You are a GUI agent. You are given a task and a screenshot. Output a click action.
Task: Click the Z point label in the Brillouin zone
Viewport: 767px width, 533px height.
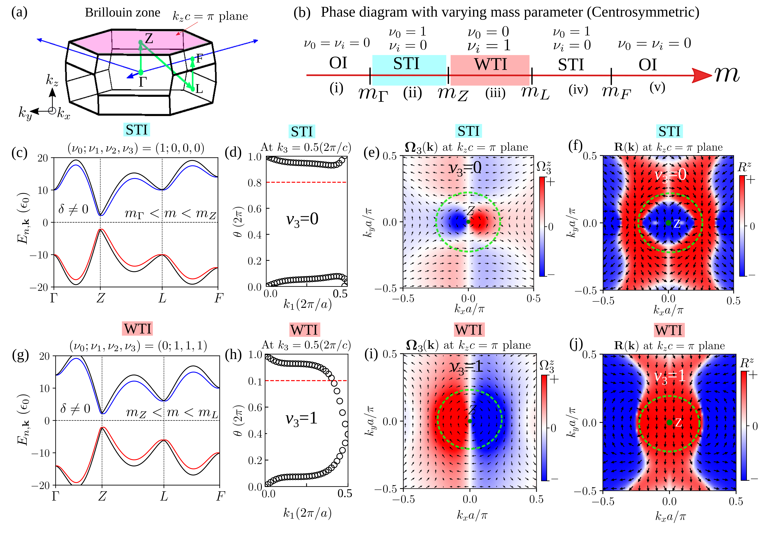point(149,38)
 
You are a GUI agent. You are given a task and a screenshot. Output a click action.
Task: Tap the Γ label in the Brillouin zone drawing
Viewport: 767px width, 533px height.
point(142,82)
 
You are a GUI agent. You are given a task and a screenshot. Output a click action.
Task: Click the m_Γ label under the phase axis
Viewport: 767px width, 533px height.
point(373,94)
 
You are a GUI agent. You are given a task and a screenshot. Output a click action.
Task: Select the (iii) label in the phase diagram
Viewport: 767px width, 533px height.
point(495,92)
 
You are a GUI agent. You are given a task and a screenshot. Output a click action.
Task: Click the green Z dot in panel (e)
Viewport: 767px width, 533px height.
point(468,222)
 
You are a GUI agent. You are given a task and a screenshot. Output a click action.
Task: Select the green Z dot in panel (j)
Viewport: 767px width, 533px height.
point(669,422)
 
